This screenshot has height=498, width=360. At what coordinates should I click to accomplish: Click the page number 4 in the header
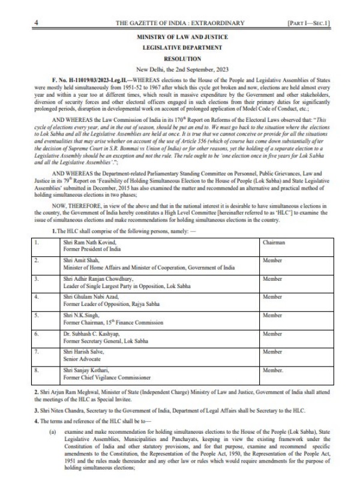[37, 22]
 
